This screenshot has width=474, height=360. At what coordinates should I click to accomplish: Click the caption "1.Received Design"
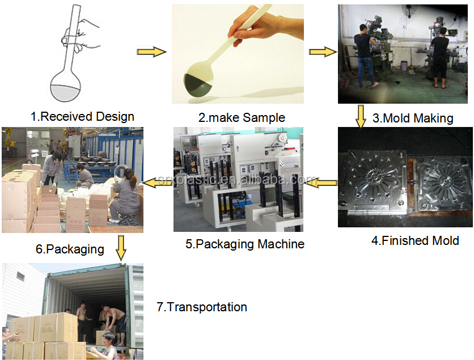coord(82,117)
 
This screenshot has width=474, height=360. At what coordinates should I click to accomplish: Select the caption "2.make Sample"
coord(242,117)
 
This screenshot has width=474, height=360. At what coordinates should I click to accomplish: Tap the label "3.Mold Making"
coord(413,118)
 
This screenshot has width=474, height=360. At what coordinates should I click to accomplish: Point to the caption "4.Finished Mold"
coord(415,240)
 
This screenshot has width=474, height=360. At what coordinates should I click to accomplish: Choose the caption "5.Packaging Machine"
coord(245,244)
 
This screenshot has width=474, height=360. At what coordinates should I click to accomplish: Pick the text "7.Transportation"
coord(202,307)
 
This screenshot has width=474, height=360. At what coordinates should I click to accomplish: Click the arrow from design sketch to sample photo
coord(151,52)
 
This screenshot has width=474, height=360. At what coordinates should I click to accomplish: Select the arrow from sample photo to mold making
coord(321,52)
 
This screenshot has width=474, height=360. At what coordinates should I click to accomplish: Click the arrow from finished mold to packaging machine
coord(324,181)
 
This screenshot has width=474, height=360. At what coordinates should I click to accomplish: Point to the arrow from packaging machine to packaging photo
coord(157,182)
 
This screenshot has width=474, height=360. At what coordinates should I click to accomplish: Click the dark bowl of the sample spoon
coord(198,86)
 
